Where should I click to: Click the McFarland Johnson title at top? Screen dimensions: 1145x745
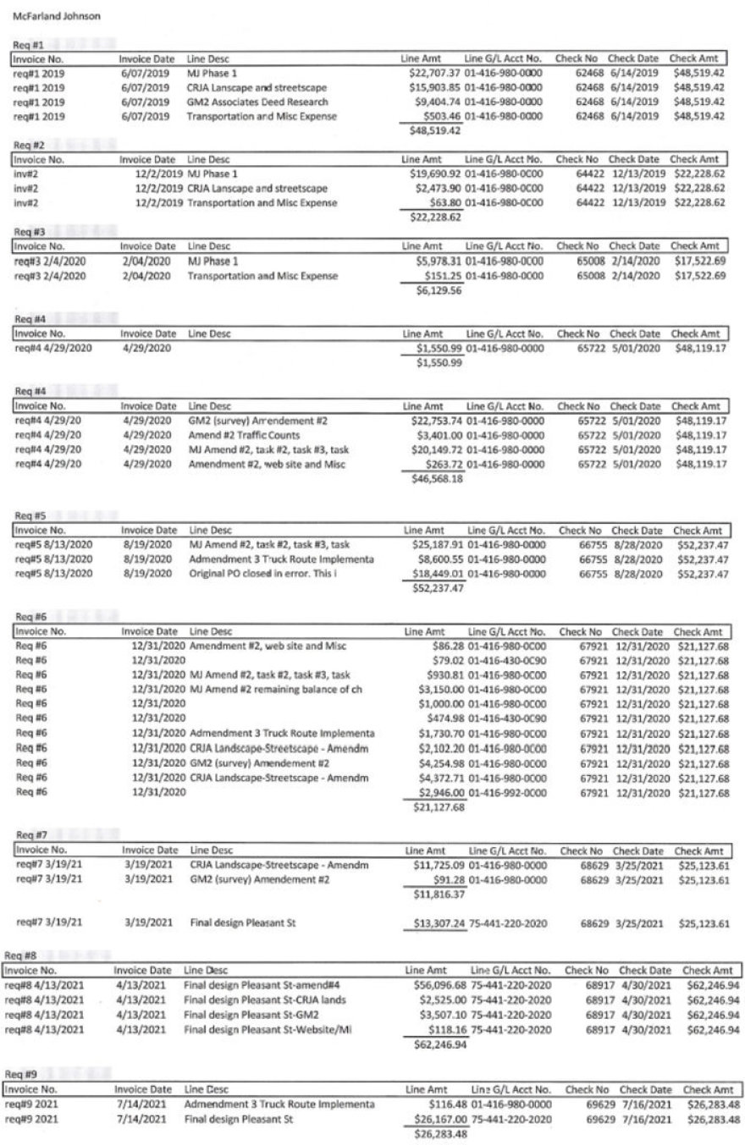point(56,15)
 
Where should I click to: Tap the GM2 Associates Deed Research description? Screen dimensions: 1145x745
point(245,102)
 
